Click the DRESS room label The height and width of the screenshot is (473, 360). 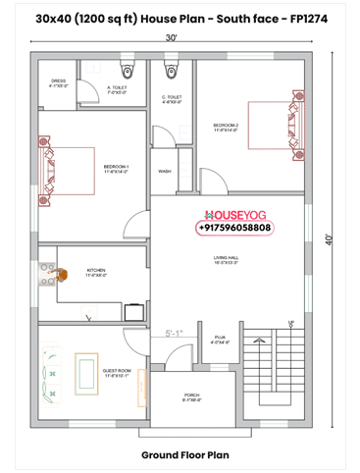coord(58,82)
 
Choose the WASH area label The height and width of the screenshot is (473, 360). coord(164,171)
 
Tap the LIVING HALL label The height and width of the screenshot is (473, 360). coord(228,259)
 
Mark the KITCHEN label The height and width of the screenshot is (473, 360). coord(96,272)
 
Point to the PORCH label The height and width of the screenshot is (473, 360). coord(191,396)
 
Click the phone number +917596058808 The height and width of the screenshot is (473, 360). coord(235,228)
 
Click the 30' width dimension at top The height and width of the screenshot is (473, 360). coord(172,36)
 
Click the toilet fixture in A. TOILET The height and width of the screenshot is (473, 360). coord(126,71)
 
